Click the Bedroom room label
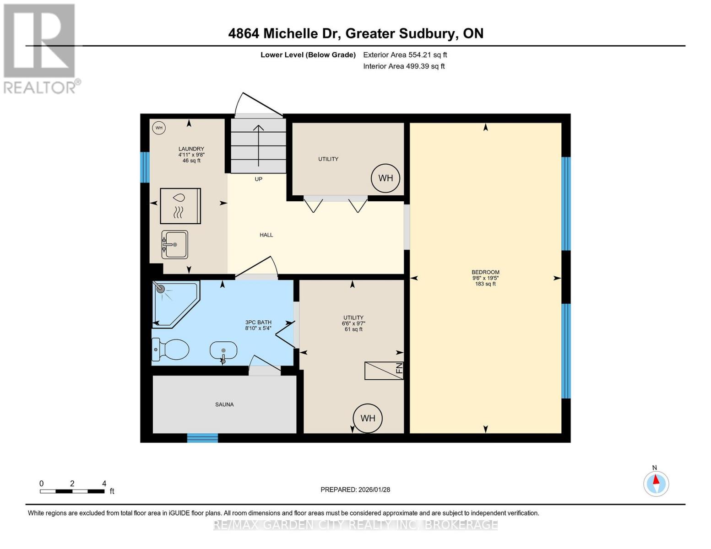485,272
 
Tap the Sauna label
224,404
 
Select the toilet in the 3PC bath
170,350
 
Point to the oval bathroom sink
223,351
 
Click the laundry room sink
174,244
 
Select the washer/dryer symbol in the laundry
180,206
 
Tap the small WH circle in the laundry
158,128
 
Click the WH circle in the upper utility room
385,178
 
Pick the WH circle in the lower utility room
368,418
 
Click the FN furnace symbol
384,371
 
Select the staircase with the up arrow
259,146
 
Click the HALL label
266,235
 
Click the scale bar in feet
72,491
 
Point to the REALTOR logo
40,48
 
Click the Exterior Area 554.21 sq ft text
405,55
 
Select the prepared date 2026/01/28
355,490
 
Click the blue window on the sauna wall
202,438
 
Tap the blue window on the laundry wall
145,167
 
